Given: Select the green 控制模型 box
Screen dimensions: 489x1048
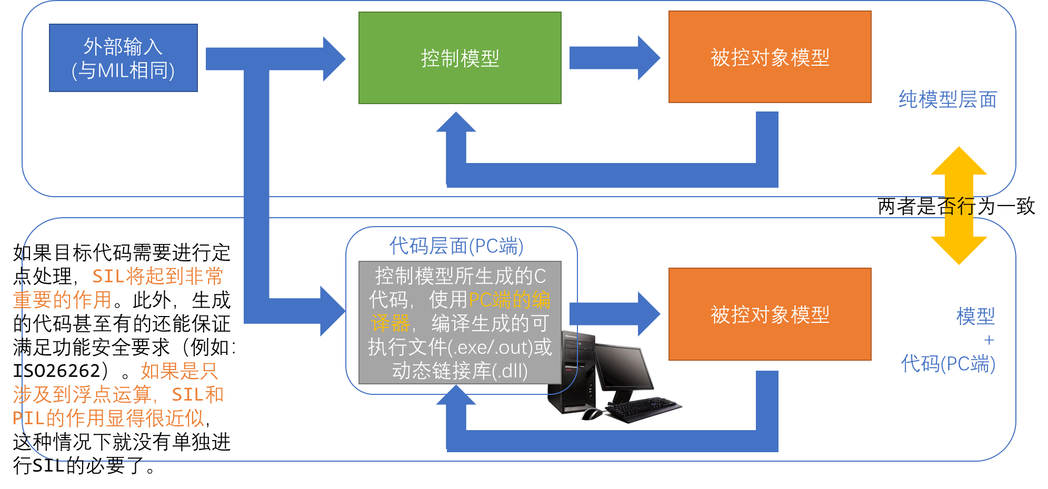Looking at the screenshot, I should coord(460,58).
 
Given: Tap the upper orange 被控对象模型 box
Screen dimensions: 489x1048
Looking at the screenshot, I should coord(770,57).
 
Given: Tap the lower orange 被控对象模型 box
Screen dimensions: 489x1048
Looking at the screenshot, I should coord(770,314).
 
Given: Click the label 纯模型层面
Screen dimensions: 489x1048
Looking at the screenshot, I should coord(947,99).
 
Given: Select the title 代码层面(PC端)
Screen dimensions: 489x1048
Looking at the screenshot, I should coord(456,246).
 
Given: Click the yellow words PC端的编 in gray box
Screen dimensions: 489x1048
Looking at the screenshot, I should coord(509,300).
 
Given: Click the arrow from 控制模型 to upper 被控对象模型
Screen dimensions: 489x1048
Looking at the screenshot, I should coord(614,58).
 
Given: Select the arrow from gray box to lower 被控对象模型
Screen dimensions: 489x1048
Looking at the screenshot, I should coord(614,314).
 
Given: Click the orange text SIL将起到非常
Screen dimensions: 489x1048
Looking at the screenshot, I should coord(157,276).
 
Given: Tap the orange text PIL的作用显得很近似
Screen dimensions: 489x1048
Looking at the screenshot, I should coord(108,419).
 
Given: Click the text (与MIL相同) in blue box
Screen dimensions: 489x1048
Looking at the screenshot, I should coord(123,70).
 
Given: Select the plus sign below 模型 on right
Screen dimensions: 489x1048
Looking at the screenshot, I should coord(989,340).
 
